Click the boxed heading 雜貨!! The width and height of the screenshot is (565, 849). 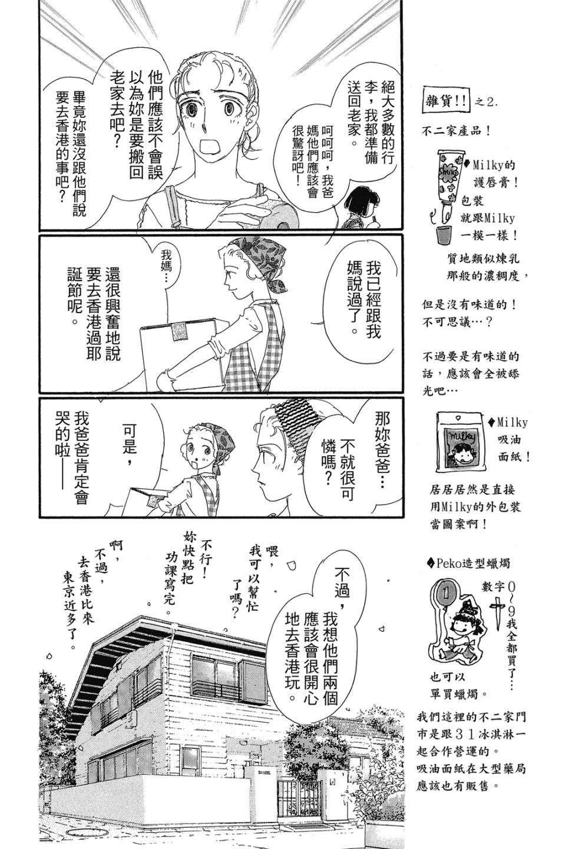pos(446,101)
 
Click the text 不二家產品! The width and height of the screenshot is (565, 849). pos(457,131)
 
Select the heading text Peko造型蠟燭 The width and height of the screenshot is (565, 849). pos(468,563)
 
